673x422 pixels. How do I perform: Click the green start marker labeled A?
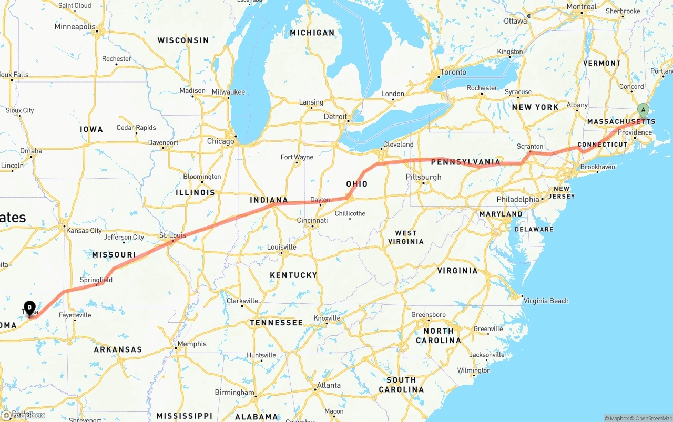pyautogui.click(x=643, y=110)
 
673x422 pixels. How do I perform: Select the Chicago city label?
pyautogui.click(x=220, y=141)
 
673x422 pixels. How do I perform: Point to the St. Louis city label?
pyautogui.click(x=172, y=235)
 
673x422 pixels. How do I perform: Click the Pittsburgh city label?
pyautogui.click(x=423, y=177)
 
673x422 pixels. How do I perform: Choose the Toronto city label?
pyautogui.click(x=453, y=72)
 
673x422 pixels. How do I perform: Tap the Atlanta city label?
pyautogui.click(x=329, y=385)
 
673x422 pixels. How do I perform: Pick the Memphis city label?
pyautogui.click(x=192, y=344)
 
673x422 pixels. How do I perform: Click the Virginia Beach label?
pyautogui.click(x=546, y=301)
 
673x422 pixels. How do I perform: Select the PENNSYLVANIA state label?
pyautogui.click(x=465, y=162)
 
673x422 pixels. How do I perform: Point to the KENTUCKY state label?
pyautogui.click(x=293, y=275)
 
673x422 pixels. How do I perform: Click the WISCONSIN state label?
pyautogui.click(x=183, y=40)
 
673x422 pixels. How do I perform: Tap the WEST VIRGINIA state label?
pyautogui.click(x=406, y=237)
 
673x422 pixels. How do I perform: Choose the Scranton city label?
pyautogui.click(x=530, y=147)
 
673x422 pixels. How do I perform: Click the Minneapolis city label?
pyautogui.click(x=75, y=27)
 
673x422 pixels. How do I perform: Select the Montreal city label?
pyautogui.click(x=582, y=7)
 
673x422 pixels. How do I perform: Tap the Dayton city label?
pyautogui.click(x=320, y=200)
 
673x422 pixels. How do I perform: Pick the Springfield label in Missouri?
pyautogui.click(x=96, y=280)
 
